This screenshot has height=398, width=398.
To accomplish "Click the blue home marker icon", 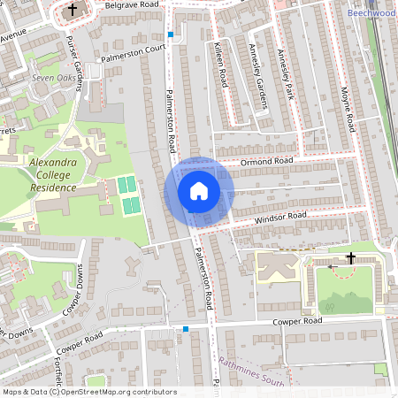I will (x=199, y=191).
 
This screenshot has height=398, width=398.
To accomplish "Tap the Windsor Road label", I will (x=281, y=216).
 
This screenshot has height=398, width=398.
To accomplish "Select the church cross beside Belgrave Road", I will (x=73, y=11).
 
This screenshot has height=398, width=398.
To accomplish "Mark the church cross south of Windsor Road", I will (x=351, y=258).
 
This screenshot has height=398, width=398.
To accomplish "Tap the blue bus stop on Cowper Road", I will (x=186, y=330).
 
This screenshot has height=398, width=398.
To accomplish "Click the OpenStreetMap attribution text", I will (x=89, y=392).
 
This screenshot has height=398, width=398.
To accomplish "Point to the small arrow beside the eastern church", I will (x=332, y=264).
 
